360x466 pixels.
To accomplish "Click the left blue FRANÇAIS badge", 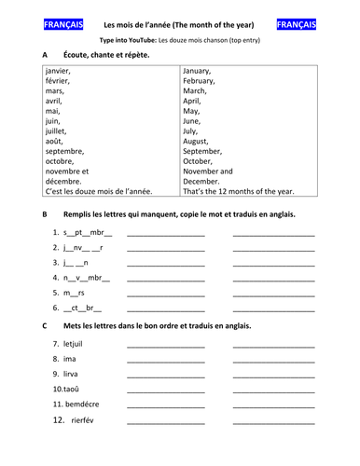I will click(x=63, y=23).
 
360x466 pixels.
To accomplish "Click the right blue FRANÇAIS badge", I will click(x=297, y=23).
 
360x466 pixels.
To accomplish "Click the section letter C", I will click(x=46, y=325).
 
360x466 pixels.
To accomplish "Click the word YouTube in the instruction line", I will click(x=153, y=41).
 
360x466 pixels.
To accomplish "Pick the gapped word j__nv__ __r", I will click(x=83, y=247).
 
